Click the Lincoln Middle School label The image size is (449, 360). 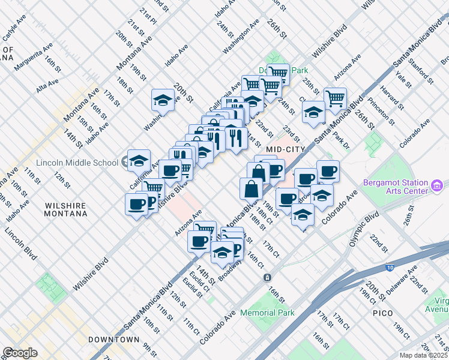coord(77,163)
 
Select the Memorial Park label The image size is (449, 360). coord(267,313)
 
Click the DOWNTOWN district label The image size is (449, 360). coord(113,340)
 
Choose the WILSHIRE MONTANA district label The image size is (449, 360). coord(65,209)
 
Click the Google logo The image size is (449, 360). coord(20,353)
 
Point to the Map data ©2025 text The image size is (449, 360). coord(424,355)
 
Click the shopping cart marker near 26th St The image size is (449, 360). coord(335,97)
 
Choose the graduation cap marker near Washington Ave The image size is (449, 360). coord(163,100)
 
